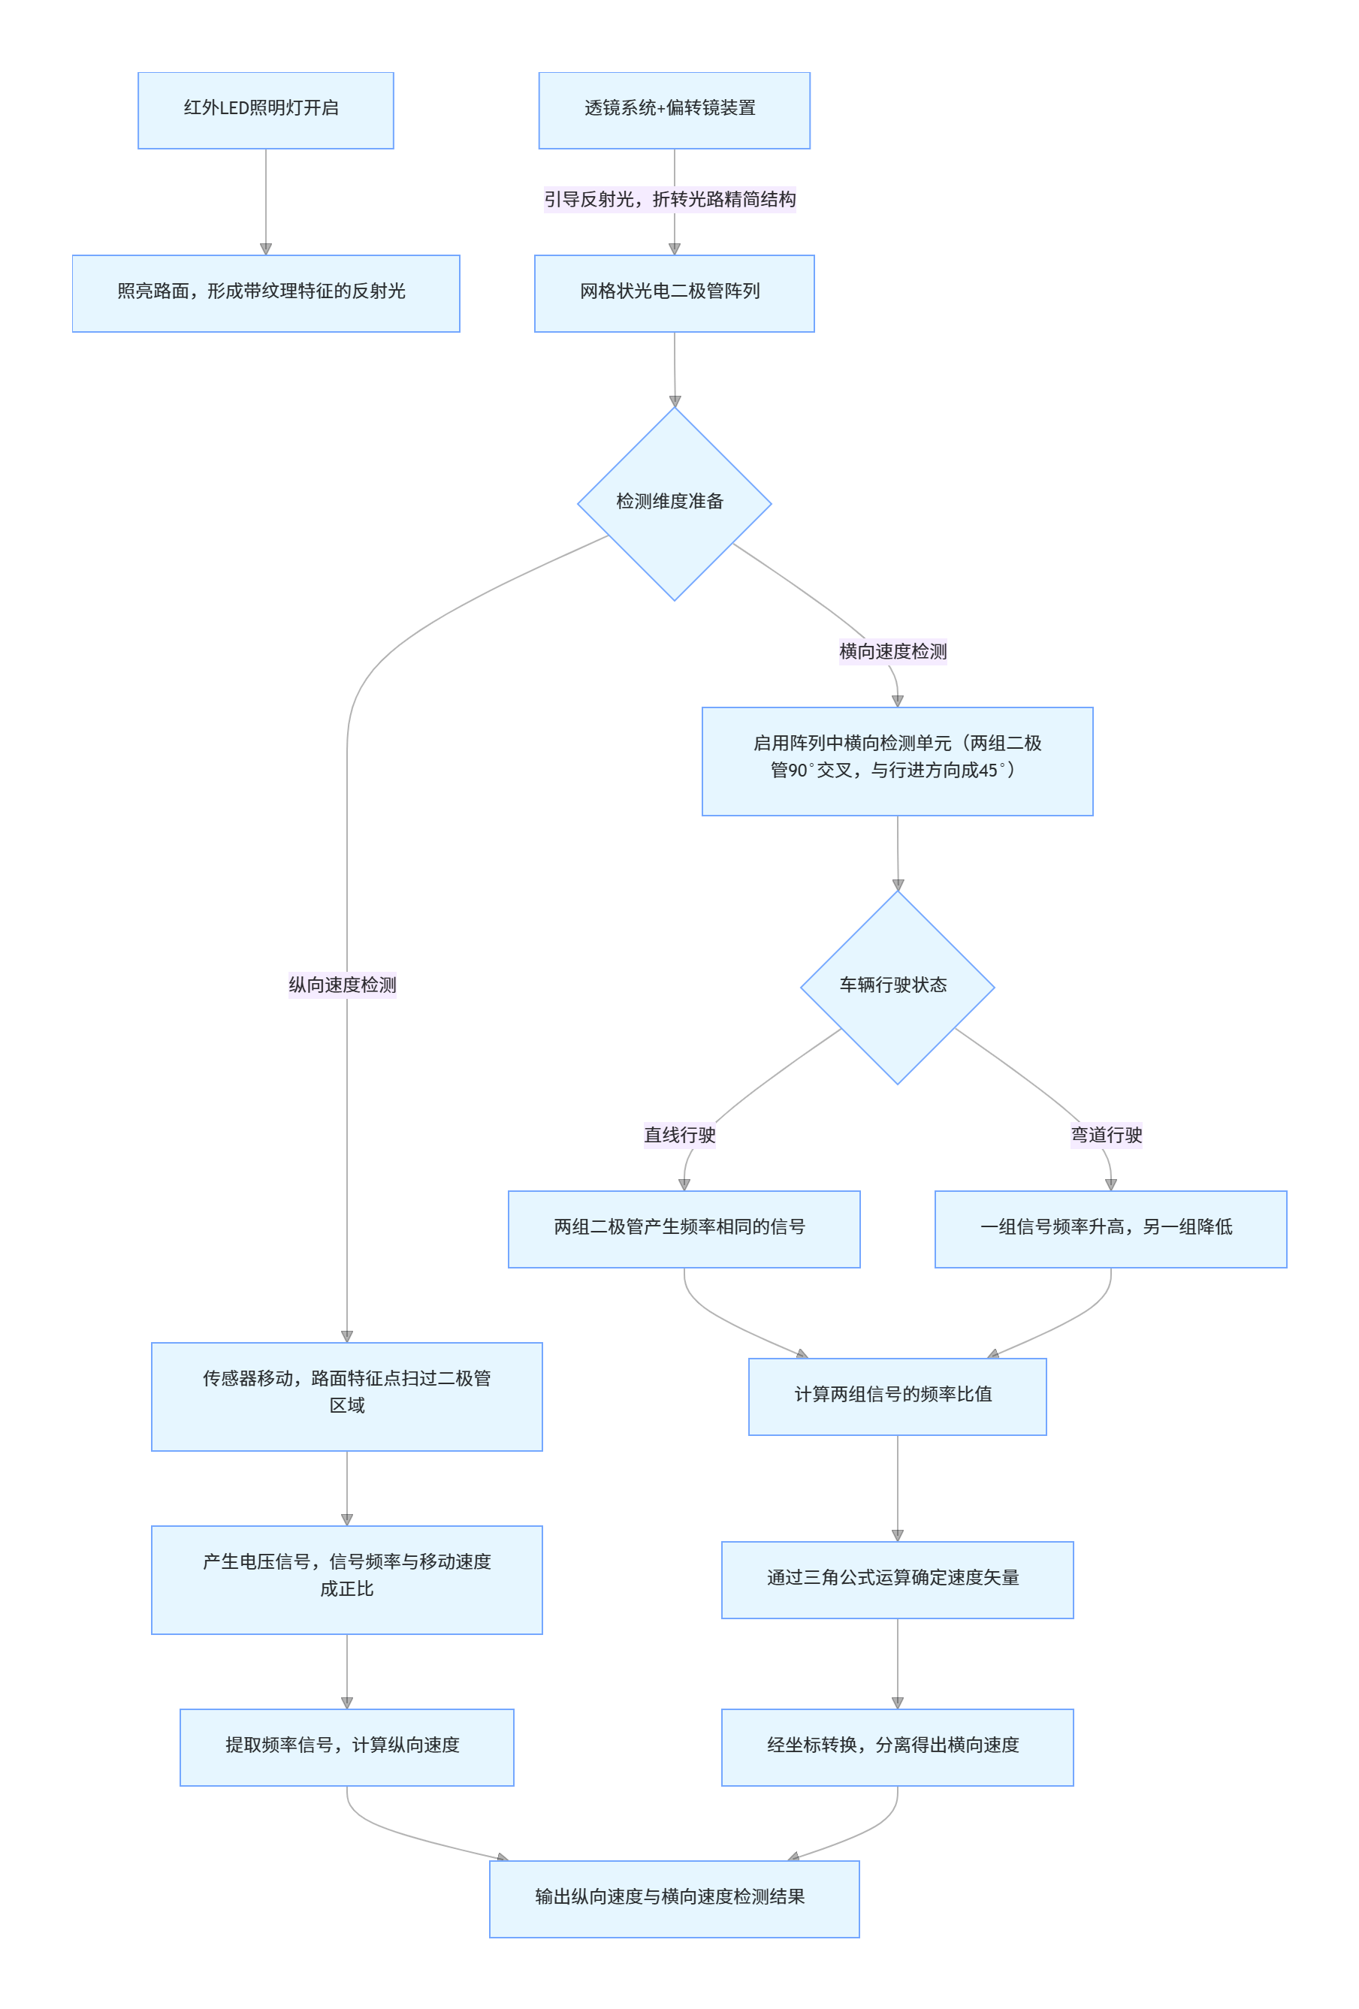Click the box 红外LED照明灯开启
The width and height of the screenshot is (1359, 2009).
pos(265,110)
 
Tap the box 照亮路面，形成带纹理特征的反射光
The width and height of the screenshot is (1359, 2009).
pos(265,293)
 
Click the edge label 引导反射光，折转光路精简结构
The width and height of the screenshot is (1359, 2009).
pos(669,200)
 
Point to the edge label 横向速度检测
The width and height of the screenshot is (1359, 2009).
pos(892,651)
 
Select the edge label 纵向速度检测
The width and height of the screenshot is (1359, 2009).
pos(343,985)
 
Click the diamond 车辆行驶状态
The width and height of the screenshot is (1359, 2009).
pos(896,986)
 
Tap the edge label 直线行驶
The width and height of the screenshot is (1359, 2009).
pos(679,1134)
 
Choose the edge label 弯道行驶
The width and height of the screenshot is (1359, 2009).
pos(1106,1134)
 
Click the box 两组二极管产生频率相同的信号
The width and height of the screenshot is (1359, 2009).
pos(683,1229)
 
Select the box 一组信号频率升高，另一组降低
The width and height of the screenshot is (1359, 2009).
pos(1110,1229)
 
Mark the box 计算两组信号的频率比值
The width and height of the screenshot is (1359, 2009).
pos(896,1396)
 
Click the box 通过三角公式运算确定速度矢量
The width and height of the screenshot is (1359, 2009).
pos(896,1579)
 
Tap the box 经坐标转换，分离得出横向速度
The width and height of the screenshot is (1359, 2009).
pos(896,1747)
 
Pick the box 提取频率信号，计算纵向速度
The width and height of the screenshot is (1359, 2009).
pos(346,1747)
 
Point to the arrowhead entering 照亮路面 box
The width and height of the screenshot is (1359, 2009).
pos(265,249)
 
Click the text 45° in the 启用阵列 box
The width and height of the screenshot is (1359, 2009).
pos(992,771)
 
